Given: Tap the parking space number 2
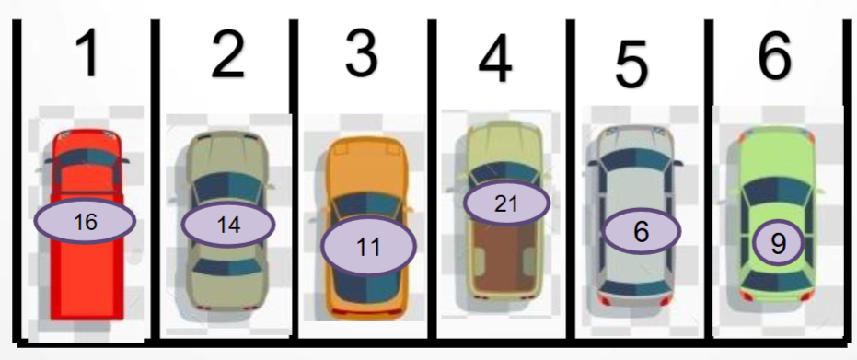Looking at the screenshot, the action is coord(227,54).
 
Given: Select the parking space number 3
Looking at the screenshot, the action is coord(362,52).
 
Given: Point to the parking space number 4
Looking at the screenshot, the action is coord(495,59).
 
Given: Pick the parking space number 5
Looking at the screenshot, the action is coord(631,64).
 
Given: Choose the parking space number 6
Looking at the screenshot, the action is coord(774,54).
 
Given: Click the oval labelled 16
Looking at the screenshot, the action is coord(85,221).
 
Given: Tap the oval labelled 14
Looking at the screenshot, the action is coord(228,224).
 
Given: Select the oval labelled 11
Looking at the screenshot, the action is coord(368,247).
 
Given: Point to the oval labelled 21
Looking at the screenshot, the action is coord(506,203).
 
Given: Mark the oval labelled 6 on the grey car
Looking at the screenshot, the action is coord(642,231).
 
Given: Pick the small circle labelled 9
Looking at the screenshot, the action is coord(779,242).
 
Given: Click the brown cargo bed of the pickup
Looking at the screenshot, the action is coord(504,260).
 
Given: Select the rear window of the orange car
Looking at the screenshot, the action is coord(366,286).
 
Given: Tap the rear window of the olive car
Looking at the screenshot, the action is coord(227,267).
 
